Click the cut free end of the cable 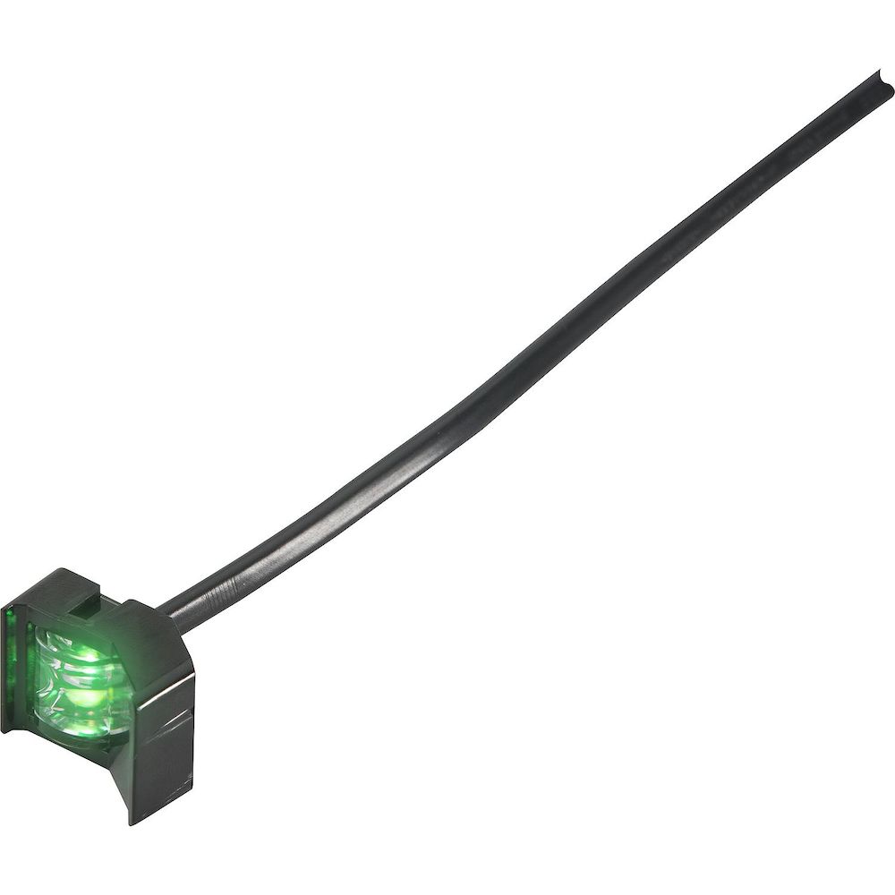pyautogui.click(x=885, y=82)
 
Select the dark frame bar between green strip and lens pyautogui.click(x=25, y=662)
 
